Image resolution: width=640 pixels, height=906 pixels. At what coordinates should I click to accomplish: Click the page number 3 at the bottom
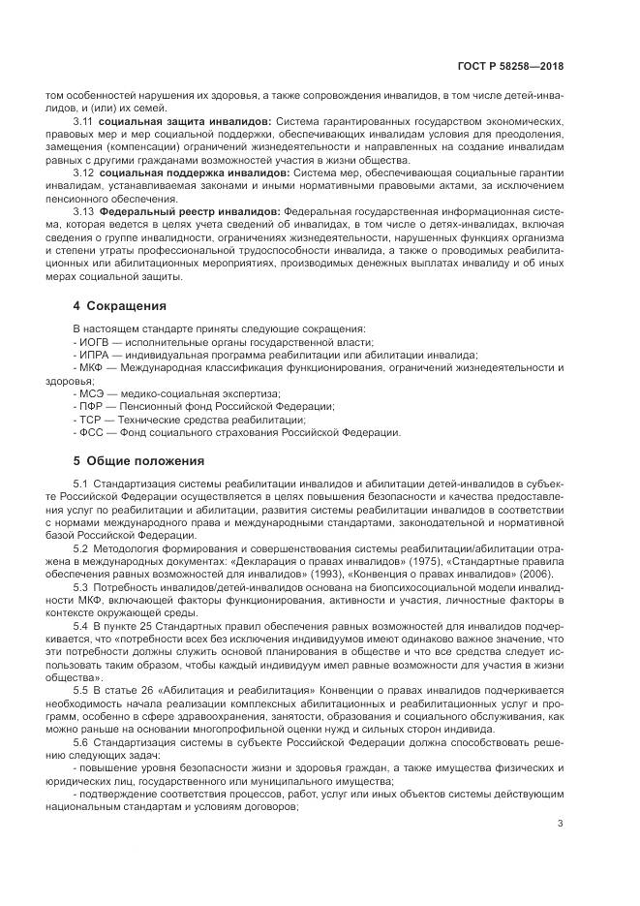click(x=561, y=825)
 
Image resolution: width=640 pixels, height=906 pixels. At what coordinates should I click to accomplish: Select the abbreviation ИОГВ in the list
click(x=94, y=343)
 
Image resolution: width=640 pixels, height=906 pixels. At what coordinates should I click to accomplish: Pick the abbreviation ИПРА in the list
click(x=94, y=356)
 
